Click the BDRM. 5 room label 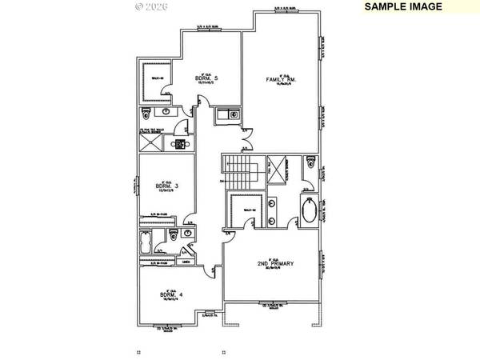point(206,78)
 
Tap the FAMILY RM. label point(281,79)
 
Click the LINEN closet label point(186,262)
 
